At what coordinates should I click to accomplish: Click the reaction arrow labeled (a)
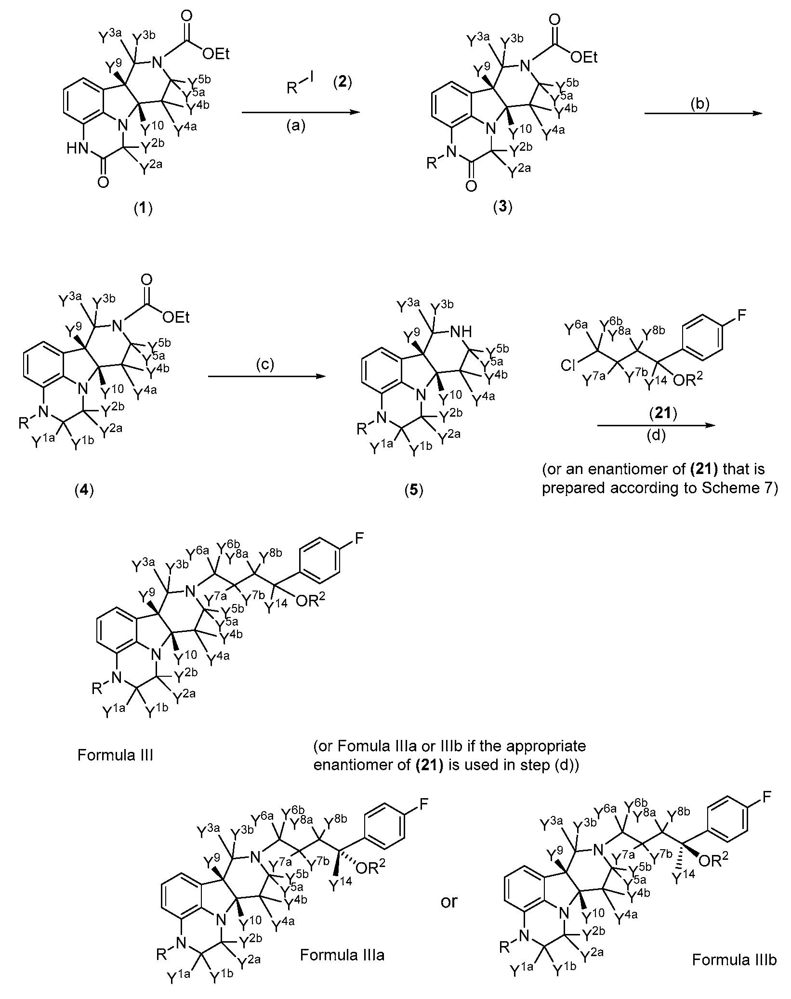coord(301,112)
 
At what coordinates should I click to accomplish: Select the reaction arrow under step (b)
coord(703,113)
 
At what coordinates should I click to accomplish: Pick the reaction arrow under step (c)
coord(264,378)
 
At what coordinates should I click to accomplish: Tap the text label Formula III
coord(115,755)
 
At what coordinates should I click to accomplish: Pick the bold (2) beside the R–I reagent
coord(343,82)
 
